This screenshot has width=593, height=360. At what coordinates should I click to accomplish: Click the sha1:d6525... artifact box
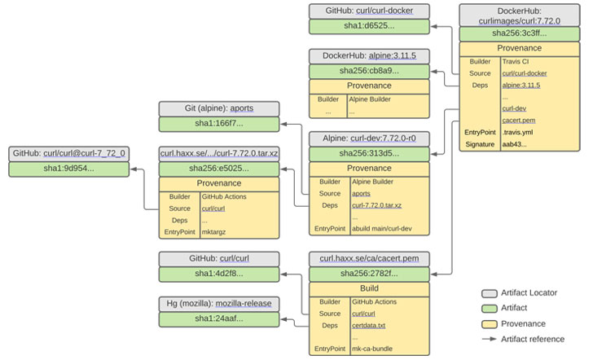coord(369,27)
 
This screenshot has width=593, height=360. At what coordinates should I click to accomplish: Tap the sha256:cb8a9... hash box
coord(369,71)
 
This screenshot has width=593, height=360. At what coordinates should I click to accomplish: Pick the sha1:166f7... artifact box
coord(218,124)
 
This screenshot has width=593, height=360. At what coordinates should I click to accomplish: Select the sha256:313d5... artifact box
coord(369,154)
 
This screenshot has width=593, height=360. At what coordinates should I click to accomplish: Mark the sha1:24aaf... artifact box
coord(218,318)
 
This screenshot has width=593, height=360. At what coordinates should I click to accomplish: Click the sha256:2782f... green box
coord(369,274)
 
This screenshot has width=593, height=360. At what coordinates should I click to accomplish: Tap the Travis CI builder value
coord(515,61)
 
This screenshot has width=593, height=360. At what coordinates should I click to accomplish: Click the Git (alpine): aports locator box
coord(218,108)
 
